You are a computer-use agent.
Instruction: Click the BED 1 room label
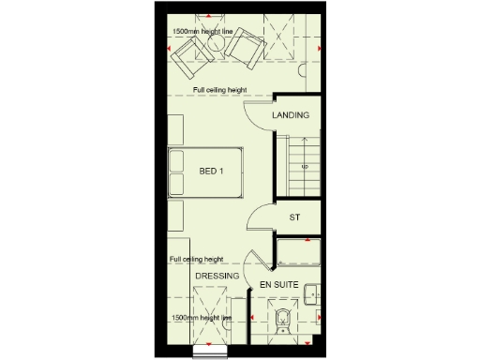click(x=212, y=172)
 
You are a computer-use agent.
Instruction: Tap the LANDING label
click(x=291, y=115)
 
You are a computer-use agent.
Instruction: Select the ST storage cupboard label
click(x=293, y=217)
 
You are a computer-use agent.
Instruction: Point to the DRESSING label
click(x=217, y=277)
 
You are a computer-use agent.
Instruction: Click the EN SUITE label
click(x=277, y=283)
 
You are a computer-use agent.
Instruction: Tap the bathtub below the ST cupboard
click(x=298, y=254)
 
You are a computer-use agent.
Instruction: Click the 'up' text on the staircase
click(x=304, y=166)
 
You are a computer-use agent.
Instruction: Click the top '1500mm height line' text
click(x=202, y=32)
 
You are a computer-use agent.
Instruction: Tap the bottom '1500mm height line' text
click(x=202, y=319)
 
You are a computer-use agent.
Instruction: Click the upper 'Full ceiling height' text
click(x=220, y=90)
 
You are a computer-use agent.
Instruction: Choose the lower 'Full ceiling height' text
click(x=197, y=259)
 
